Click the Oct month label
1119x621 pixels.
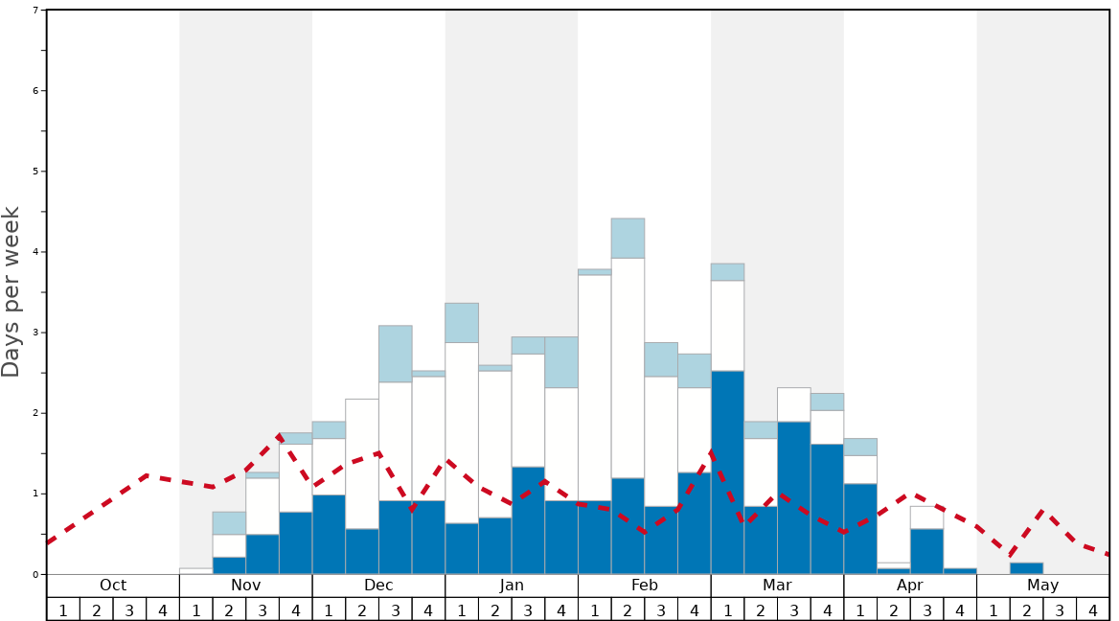pos(113,586)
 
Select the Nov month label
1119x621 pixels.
pos(245,586)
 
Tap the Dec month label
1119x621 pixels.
pos(378,586)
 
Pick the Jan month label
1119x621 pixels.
pos(512,586)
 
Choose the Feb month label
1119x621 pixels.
pos(644,586)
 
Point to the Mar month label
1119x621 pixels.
pos(777,586)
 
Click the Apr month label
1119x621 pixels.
pos(909,586)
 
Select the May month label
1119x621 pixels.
pos(1042,586)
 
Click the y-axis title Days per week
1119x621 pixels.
pos(11,292)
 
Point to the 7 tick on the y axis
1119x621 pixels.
pos(35,11)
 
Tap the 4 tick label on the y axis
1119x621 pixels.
pos(35,252)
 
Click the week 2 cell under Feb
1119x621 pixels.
pos(628,609)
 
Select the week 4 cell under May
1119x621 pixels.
pos(1092,609)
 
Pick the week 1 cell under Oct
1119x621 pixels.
pos(63,609)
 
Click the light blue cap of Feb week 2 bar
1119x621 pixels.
pos(628,238)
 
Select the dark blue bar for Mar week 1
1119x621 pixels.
pos(727,472)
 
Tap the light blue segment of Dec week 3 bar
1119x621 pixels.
pos(395,354)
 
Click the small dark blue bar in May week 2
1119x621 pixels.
pos(1026,568)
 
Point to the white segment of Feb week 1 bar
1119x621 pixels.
pos(594,388)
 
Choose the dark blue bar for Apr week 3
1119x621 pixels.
pos(926,552)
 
